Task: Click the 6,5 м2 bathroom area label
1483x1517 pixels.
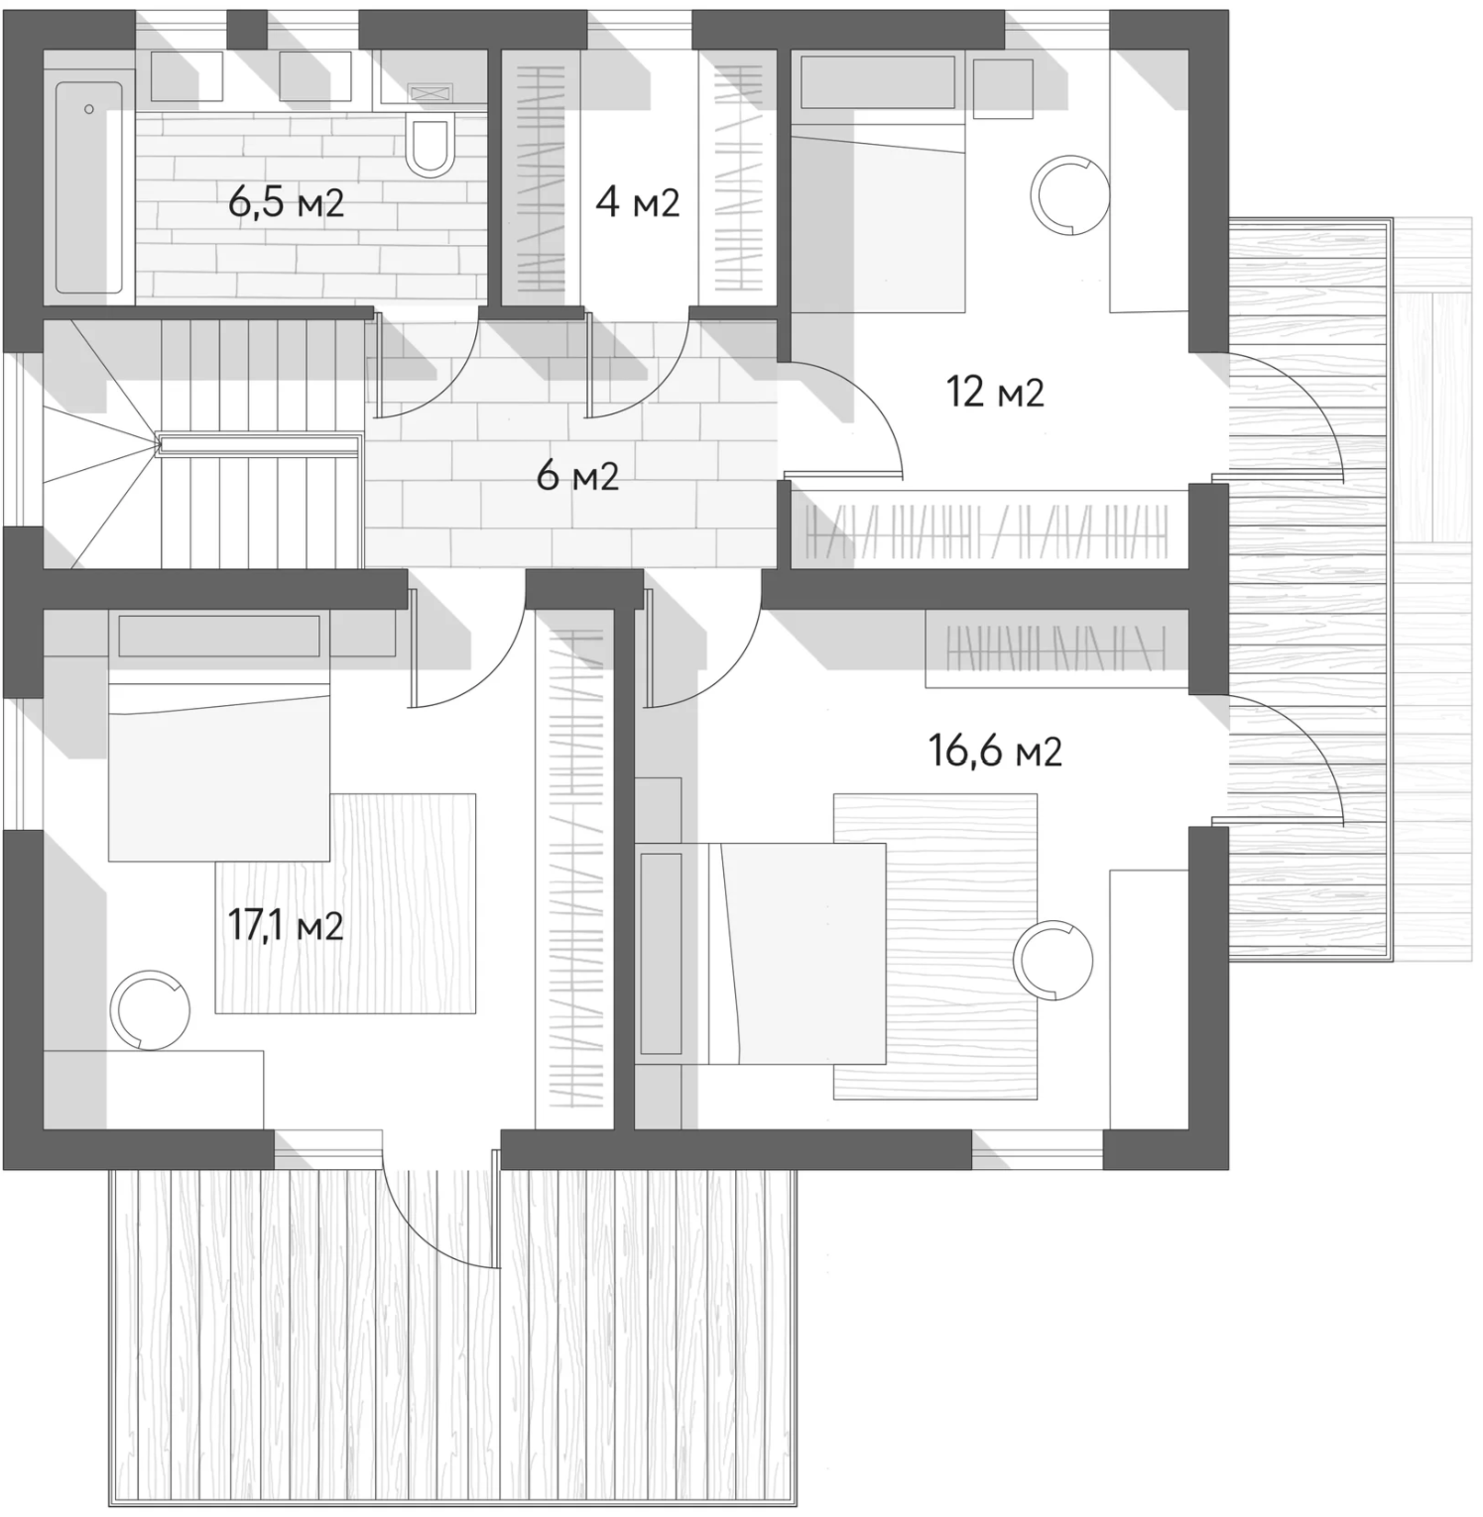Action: (286, 202)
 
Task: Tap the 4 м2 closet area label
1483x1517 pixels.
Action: (637, 202)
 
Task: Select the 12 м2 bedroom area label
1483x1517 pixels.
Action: (995, 393)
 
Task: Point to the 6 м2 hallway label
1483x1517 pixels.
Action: (577, 477)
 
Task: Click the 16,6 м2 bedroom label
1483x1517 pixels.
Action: (995, 752)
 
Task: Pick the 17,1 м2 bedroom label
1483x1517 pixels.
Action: (286, 926)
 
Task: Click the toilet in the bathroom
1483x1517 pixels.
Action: (431, 145)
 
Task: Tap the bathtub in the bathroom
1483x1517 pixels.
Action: (89, 187)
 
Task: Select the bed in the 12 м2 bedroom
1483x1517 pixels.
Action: (877, 218)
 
